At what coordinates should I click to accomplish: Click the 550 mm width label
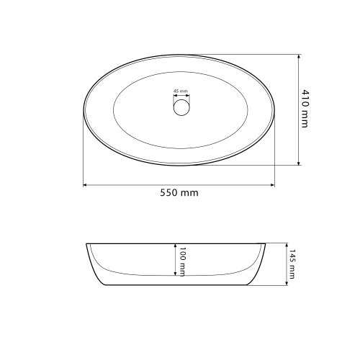(x=179, y=193)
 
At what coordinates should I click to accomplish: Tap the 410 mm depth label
(x=306, y=109)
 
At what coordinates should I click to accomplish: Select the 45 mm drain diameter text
(x=180, y=91)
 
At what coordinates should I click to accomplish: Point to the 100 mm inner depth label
(x=183, y=261)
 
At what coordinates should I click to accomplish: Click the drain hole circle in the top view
(x=180, y=107)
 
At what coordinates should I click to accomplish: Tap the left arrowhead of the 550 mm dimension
(x=86, y=185)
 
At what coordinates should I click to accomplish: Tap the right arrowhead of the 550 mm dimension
(x=272, y=185)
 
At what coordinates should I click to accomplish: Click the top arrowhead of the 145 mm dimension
(x=284, y=245)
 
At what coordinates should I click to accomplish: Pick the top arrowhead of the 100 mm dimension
(x=174, y=246)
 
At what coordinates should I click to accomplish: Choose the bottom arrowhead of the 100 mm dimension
(x=174, y=274)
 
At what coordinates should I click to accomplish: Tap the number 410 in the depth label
(x=306, y=99)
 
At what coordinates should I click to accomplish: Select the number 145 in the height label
(x=292, y=257)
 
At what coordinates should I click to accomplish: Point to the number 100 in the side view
(x=183, y=254)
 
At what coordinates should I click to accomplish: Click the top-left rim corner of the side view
(x=86, y=243)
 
